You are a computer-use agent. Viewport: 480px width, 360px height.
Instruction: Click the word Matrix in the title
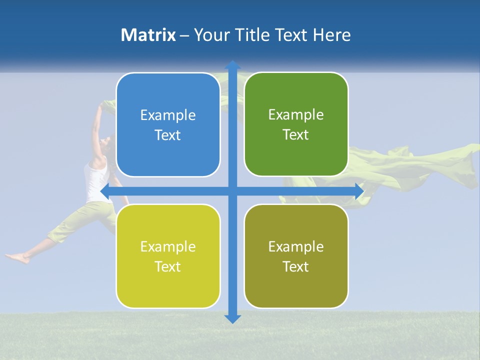point(148,35)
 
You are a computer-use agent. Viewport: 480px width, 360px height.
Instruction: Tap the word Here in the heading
point(331,35)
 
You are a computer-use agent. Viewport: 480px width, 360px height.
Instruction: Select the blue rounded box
point(168,125)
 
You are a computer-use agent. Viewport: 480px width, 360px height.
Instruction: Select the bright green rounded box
point(296,124)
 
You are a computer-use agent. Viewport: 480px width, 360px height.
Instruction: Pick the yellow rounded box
point(168,256)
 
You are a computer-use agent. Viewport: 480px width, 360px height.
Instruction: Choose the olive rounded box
point(296,256)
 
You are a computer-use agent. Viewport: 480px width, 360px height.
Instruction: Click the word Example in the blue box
point(168,115)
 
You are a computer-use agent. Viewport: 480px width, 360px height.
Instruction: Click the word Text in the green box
point(296,135)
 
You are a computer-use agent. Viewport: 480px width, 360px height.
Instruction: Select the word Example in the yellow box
point(168,246)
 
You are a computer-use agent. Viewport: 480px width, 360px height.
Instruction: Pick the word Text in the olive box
point(296,266)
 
